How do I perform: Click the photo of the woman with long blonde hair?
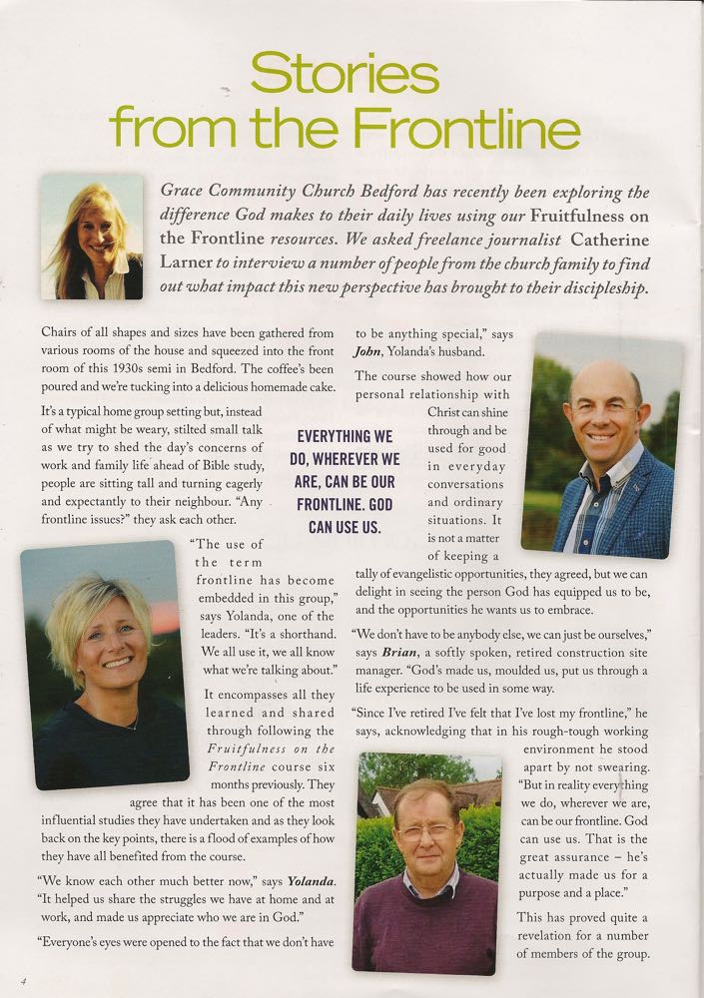coord(92,237)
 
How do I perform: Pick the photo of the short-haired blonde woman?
coord(103,663)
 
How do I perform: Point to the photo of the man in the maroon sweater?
coord(426,863)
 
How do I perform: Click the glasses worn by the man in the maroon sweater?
coord(422,830)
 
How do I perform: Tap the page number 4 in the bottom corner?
coord(21,980)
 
